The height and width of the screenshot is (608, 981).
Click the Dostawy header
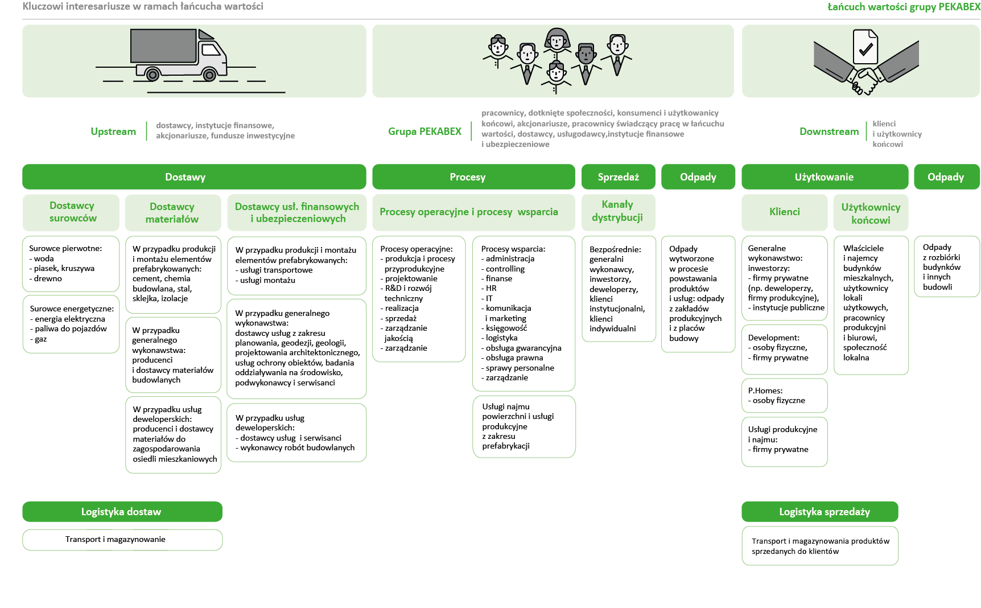coord(185,177)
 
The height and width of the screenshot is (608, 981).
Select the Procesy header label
coord(467,177)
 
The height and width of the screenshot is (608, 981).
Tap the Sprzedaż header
coord(618,177)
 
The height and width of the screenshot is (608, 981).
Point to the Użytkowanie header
coord(823,177)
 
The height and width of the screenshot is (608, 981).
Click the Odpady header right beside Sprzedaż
coord(698,177)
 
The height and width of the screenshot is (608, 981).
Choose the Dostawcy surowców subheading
coord(72,212)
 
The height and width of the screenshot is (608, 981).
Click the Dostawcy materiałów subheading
coord(172,213)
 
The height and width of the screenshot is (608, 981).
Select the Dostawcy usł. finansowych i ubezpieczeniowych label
coord(297,212)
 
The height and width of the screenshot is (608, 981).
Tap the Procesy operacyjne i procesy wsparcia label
coord(468,212)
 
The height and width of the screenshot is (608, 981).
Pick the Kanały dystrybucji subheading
coord(617,211)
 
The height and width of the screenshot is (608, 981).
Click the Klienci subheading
coord(784,212)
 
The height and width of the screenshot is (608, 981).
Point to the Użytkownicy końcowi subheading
coord(871,213)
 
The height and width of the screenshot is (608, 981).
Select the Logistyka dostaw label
coord(121,512)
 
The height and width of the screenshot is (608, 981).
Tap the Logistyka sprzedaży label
coord(824,512)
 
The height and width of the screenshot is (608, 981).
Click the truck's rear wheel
coord(152,74)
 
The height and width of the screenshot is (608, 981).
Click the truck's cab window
coord(211,50)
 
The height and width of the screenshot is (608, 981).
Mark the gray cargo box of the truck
coord(163,46)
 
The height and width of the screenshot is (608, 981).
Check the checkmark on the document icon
coord(865,50)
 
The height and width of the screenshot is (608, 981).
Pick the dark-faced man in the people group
coord(586,55)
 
